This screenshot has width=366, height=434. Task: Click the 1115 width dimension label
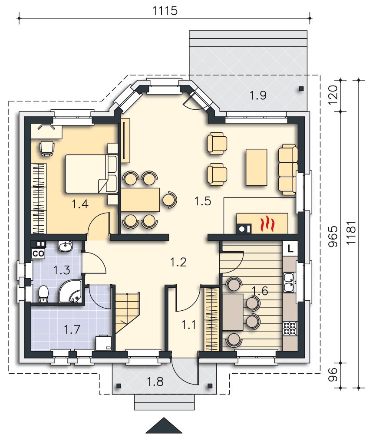(165, 10)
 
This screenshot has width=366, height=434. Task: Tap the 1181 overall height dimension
(351, 233)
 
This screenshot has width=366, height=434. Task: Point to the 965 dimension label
(333, 237)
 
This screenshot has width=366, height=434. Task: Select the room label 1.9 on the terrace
(258, 95)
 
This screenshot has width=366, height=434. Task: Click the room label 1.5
(203, 201)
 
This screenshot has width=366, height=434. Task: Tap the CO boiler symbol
(39, 253)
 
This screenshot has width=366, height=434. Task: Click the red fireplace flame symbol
(267, 224)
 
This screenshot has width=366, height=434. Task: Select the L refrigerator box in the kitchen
(290, 248)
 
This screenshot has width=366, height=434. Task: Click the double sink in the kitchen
(289, 283)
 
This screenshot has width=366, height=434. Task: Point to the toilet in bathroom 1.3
(43, 294)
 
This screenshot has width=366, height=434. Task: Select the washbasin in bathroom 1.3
(65, 246)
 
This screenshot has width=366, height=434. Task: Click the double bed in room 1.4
(91, 174)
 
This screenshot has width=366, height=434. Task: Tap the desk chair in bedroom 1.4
(46, 148)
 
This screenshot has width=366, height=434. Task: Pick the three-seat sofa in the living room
(288, 169)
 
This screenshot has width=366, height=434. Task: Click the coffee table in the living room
(256, 167)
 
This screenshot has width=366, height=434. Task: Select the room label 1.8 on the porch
(155, 381)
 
